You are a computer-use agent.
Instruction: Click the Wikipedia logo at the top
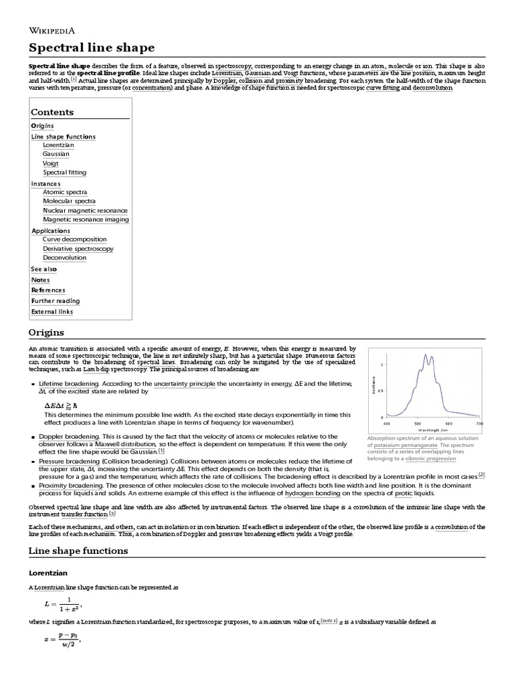[x=52, y=29]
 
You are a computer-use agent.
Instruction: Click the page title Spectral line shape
[x=91, y=47]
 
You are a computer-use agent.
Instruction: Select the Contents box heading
[x=52, y=112]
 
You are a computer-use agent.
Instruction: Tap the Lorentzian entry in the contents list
[x=58, y=144]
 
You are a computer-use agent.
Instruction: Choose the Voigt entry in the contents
[x=51, y=163]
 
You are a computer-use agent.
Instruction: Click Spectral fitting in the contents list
[x=64, y=172]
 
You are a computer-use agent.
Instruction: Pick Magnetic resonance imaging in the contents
[x=86, y=219]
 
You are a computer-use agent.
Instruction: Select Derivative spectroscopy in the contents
[x=78, y=248]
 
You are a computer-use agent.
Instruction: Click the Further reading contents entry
[x=55, y=301]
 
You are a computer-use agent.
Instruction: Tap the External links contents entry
[x=52, y=311]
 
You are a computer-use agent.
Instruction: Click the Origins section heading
[x=46, y=332]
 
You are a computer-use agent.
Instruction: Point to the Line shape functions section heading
[x=78, y=551]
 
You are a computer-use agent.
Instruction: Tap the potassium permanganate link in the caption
[x=406, y=444]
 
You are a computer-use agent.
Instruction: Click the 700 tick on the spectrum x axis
[x=479, y=423]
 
